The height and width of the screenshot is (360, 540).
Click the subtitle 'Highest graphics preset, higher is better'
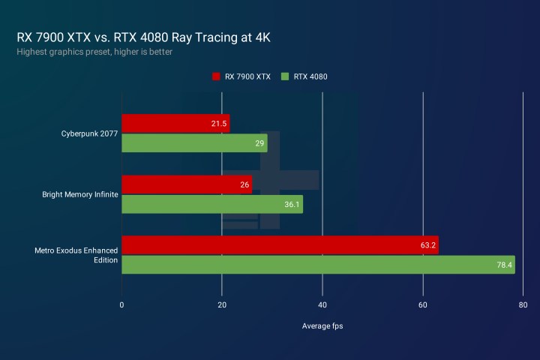point(94,52)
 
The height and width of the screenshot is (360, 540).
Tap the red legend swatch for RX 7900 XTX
point(216,76)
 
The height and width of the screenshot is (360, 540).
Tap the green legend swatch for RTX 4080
point(285,76)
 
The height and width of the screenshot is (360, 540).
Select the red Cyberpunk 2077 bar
point(175,124)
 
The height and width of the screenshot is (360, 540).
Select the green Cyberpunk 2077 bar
point(194,143)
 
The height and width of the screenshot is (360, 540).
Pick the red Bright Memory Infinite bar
point(187,184)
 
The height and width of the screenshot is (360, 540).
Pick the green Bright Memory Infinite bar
point(212,204)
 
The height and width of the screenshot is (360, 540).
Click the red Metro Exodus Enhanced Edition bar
point(280,245)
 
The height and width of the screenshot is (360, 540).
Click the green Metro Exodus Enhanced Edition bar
point(318,265)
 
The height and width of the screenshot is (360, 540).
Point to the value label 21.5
point(219,124)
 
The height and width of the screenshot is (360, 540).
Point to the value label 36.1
point(292,204)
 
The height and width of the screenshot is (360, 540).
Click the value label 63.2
point(427,245)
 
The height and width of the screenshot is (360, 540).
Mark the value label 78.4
point(504,265)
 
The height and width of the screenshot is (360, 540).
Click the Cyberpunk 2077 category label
point(88,133)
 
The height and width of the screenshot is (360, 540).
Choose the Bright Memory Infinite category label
point(79,194)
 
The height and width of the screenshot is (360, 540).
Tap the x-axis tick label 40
point(322,305)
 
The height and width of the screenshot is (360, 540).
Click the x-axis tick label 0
point(121,305)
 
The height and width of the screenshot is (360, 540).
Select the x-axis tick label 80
point(523,305)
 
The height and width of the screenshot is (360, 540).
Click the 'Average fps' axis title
point(322,326)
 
